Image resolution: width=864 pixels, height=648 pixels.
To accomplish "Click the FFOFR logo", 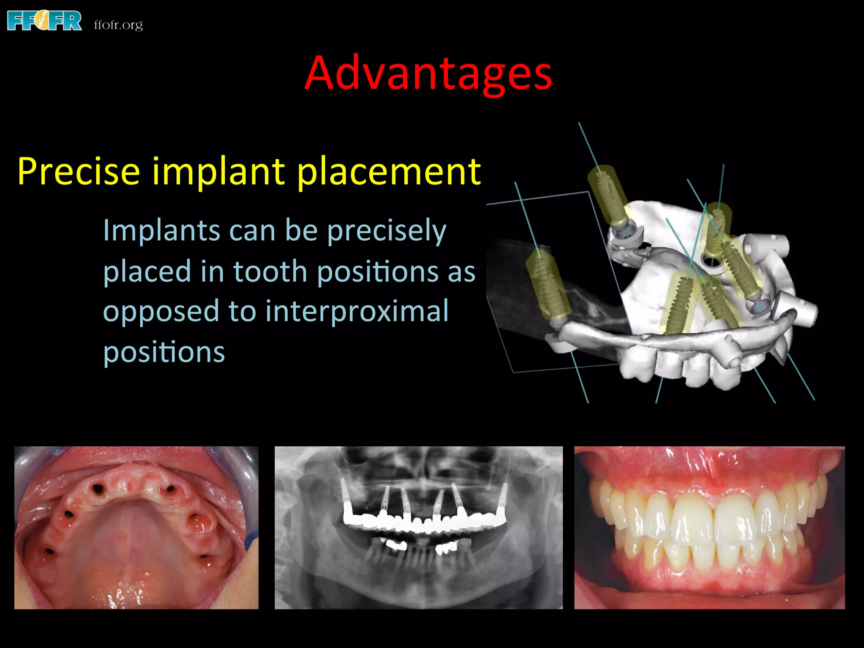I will pos(44,21).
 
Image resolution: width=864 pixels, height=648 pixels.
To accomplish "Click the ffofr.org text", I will pos(119,25).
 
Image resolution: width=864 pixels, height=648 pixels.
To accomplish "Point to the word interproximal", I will pos(357,311).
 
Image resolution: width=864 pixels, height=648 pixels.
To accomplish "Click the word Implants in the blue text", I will pos(161,231).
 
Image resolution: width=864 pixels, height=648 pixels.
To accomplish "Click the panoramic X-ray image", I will pos(418,527).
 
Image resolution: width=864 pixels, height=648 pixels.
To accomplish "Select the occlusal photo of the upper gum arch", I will pos(136,527).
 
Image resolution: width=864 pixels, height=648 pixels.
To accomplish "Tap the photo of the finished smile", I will pos(709,527).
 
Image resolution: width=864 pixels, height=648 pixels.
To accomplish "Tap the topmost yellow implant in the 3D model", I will pos(608,195).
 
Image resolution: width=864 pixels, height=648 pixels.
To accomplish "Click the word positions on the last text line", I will pos(164,352).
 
